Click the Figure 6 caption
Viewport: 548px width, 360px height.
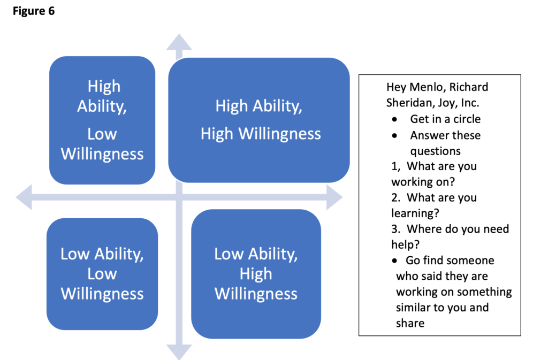pos(34,11)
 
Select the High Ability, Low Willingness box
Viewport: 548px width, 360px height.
pos(102,120)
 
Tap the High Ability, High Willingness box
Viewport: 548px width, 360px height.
pos(260,120)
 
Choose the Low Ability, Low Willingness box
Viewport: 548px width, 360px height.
pos(102,273)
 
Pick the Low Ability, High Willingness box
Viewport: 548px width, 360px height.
pos(256,273)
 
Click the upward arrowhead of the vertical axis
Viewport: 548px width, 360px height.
pos(179,42)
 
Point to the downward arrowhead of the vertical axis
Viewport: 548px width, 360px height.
pos(179,351)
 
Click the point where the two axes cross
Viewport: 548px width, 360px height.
pos(179,197)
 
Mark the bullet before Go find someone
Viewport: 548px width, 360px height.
pos(394,261)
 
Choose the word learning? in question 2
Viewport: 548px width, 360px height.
pos(415,213)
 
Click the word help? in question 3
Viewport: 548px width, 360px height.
pos(405,244)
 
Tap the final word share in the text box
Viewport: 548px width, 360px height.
pos(410,323)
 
